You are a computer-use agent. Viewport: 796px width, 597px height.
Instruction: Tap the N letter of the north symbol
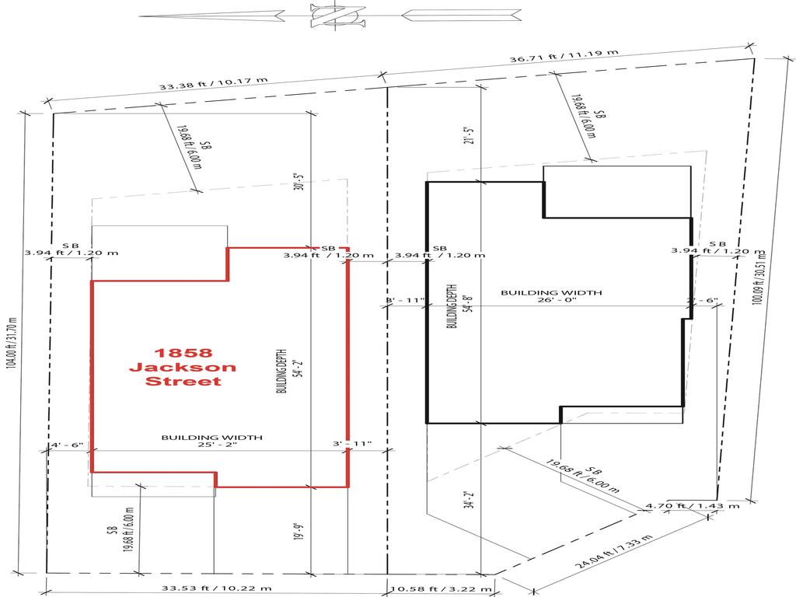(x=337, y=15)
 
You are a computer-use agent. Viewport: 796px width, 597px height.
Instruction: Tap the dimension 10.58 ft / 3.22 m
(x=440, y=588)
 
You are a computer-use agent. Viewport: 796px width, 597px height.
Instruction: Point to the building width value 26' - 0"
(x=551, y=302)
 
